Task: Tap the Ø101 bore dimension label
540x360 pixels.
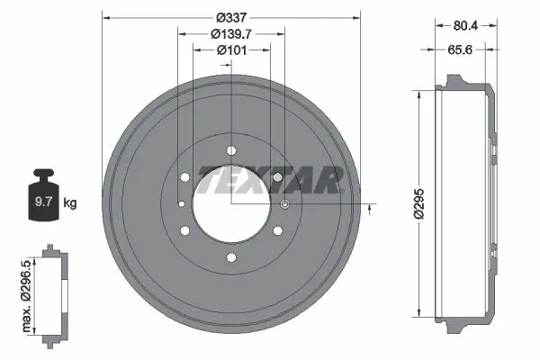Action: point(231,49)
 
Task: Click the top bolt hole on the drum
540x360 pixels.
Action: point(231,149)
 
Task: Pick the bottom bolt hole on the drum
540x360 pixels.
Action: point(231,258)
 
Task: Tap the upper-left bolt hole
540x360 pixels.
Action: point(184,177)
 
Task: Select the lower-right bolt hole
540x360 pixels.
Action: point(278,231)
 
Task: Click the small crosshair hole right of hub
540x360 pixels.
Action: point(285,204)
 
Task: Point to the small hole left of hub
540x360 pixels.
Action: point(180,204)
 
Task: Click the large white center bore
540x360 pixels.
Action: point(231,204)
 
